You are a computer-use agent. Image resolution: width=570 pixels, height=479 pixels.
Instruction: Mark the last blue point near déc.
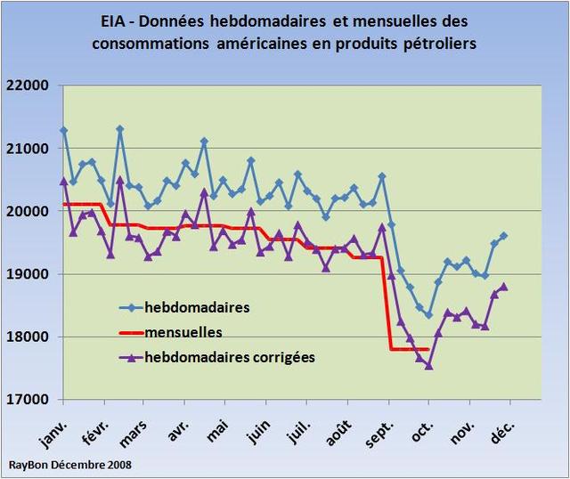click(x=503, y=236)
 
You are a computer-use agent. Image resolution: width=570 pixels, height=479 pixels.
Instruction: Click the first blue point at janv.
click(x=63, y=130)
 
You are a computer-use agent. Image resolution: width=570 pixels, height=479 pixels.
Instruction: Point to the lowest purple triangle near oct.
click(x=428, y=365)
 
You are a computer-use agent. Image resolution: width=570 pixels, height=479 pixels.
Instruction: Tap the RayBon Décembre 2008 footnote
click(x=61, y=465)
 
